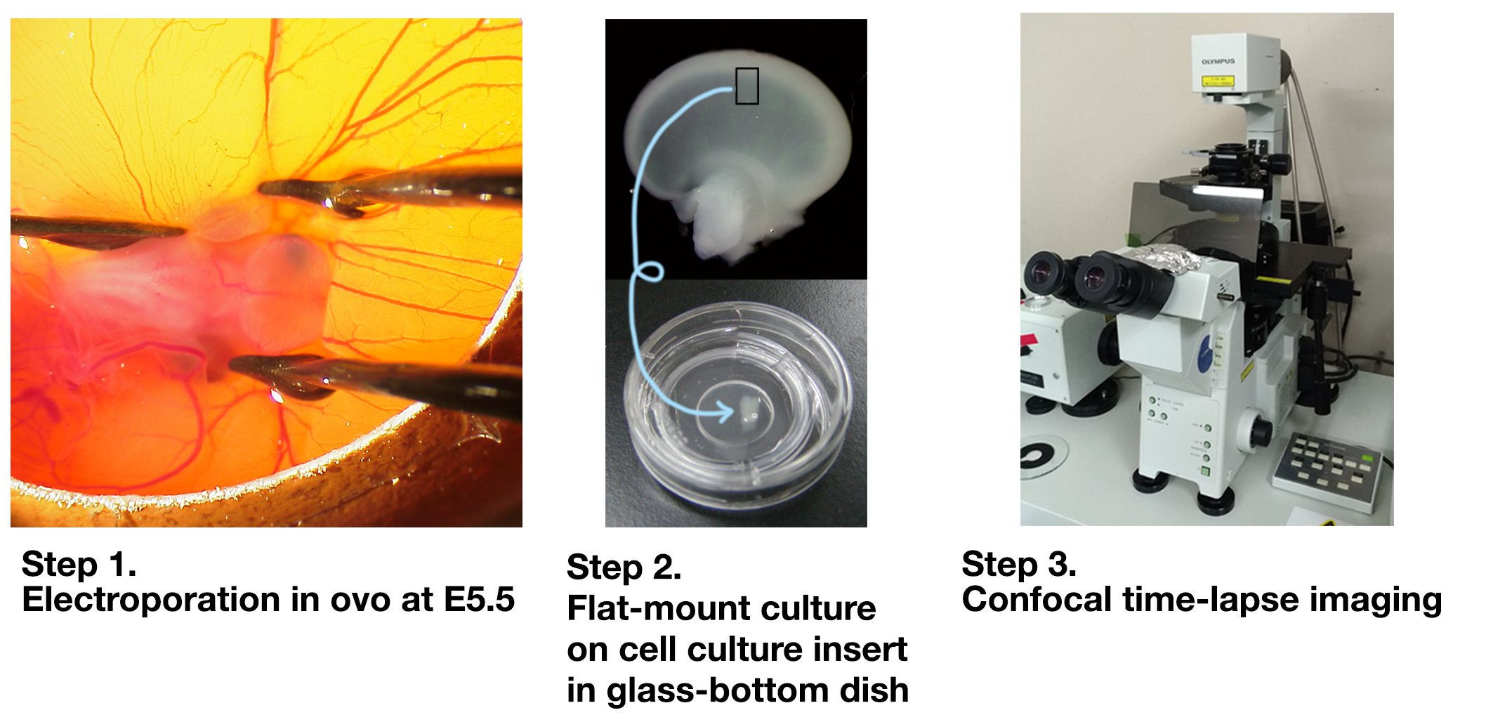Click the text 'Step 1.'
(x=79, y=564)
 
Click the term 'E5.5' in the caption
(x=479, y=599)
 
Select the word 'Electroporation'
(x=152, y=600)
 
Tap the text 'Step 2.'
(x=624, y=567)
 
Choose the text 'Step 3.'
(x=1018, y=564)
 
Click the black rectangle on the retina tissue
(x=746, y=86)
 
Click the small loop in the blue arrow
(x=648, y=272)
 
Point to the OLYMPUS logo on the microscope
(x=1218, y=62)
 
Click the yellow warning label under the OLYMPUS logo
(x=1218, y=81)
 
